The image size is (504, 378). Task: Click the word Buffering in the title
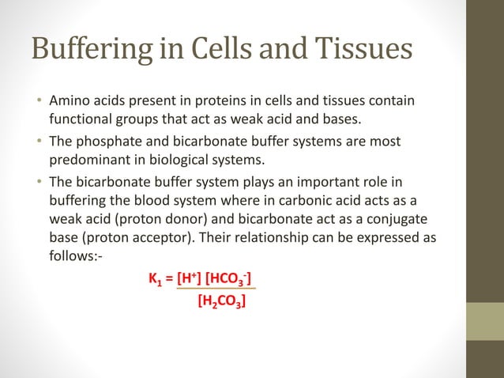point(92,49)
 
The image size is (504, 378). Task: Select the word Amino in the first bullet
point(70,100)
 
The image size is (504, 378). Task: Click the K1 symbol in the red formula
point(156,278)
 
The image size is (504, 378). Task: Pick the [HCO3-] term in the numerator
point(228,278)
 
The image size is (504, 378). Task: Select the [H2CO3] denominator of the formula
point(222,302)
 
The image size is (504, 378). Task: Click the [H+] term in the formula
point(189,278)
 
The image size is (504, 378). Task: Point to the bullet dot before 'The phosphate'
point(39,141)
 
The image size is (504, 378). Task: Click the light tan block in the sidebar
point(485,321)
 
